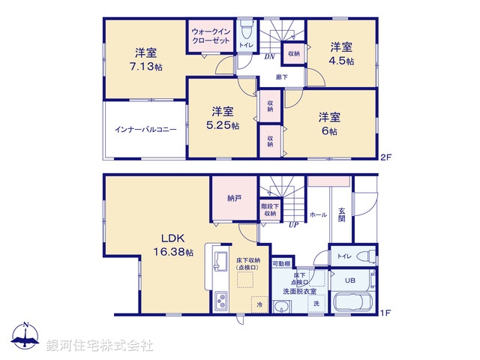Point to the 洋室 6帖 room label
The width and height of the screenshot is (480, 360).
(x=329, y=124)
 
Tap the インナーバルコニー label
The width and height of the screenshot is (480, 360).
(x=145, y=129)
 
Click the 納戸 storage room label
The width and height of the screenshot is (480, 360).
(x=235, y=199)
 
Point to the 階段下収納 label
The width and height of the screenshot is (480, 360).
(x=268, y=209)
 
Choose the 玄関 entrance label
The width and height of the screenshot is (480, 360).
(x=341, y=214)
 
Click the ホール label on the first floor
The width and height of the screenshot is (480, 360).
(x=318, y=214)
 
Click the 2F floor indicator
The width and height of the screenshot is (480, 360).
(x=385, y=157)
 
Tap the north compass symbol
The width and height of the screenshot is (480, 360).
(x=25, y=337)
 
